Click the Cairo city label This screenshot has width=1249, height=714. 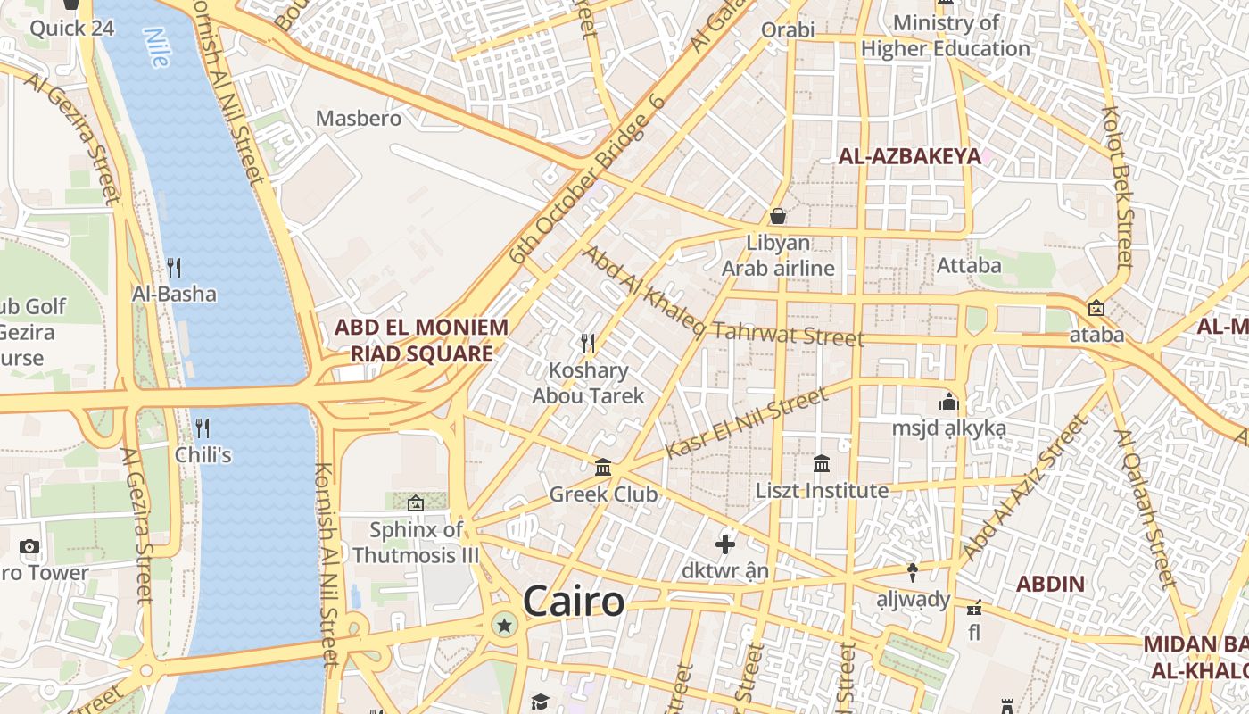[x=574, y=601]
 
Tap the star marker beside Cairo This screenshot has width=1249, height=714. [x=505, y=625]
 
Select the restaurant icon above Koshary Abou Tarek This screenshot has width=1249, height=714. [x=588, y=343]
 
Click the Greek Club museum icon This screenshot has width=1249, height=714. [x=603, y=468]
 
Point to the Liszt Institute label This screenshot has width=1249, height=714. [x=822, y=490]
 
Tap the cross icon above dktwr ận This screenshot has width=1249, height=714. [x=725, y=544]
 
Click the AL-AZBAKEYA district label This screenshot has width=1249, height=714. [x=909, y=157]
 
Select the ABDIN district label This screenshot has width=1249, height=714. [x=1051, y=585]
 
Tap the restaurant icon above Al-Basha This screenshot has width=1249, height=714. [x=174, y=267]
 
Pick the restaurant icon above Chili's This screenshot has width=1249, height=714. [x=203, y=428]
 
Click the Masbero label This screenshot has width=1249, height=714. [x=359, y=118]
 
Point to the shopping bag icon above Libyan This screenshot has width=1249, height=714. [x=778, y=216]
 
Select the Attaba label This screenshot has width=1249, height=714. [x=969, y=265]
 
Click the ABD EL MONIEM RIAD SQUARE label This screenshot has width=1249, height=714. [x=421, y=340]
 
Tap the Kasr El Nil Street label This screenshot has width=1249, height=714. [x=746, y=424]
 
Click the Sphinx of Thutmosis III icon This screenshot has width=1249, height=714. [x=415, y=504]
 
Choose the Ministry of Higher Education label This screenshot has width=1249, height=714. [x=946, y=36]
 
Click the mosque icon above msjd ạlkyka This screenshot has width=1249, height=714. [x=948, y=403]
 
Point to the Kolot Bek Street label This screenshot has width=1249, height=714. [x=1117, y=187]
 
